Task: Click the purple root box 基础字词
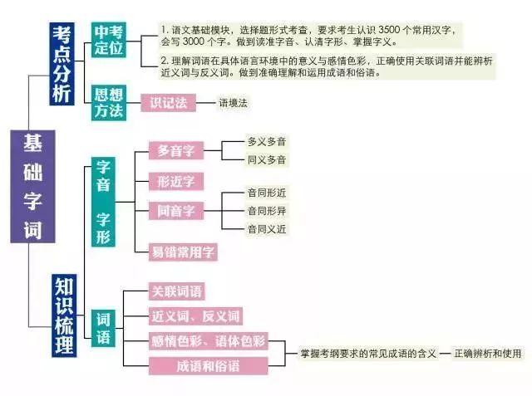[32, 186]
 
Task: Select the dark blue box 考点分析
[62, 64]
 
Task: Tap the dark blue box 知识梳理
[64, 315]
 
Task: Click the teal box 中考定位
[109, 40]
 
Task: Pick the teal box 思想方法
[109, 103]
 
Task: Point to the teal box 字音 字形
[103, 202]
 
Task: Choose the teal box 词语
[103, 328]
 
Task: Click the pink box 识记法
[168, 103]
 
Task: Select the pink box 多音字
[176, 150]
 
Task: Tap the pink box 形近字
[176, 181]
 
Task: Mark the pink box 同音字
[176, 211]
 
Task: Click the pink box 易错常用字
[183, 252]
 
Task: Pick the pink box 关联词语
[176, 291]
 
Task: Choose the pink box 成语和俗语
[208, 366]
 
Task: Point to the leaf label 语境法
[233, 103]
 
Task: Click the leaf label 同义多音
[267, 159]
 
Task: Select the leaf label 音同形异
[267, 211]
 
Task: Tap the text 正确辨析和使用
[488, 354]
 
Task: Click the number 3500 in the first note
[389, 30]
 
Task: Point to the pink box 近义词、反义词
[195, 316]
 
